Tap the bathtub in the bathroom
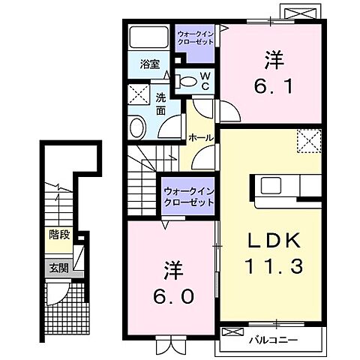149,38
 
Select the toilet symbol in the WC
189,81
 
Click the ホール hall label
199,138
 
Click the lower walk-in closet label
188,196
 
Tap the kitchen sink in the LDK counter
270,185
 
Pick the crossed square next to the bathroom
139,94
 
